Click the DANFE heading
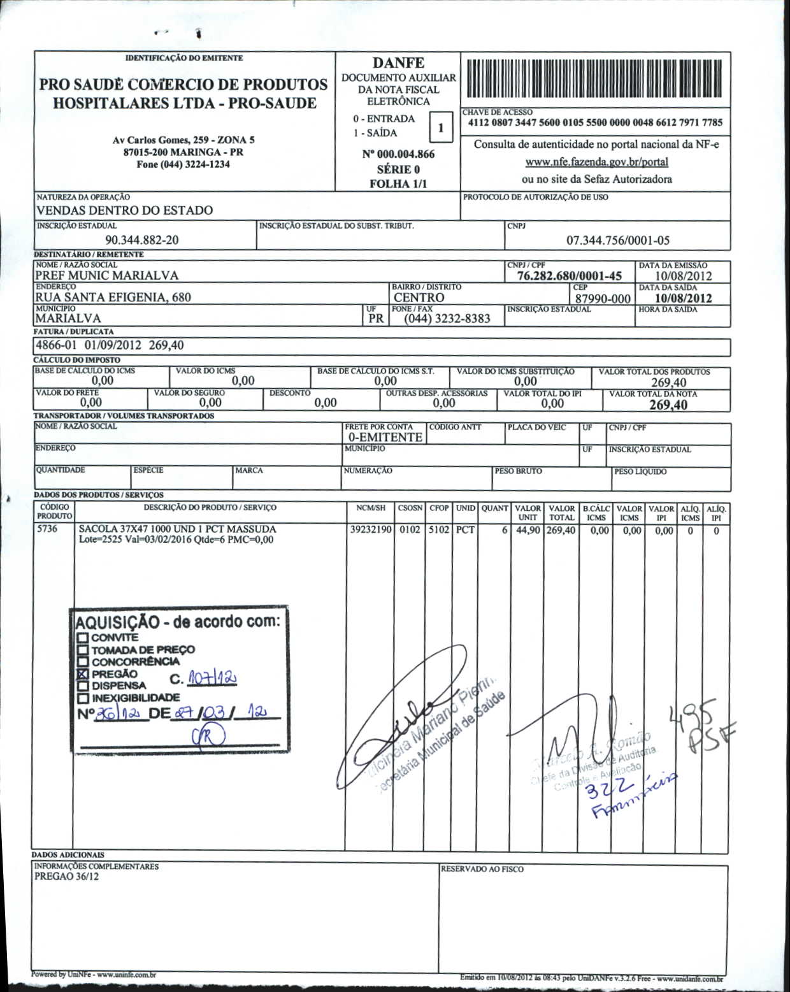pos(398,63)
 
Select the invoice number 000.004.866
pos(398,154)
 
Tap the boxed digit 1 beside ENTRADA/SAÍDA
pos(440,127)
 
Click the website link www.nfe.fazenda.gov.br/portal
pos(596,162)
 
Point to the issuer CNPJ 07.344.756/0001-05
pos(618,240)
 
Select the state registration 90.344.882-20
pos(142,240)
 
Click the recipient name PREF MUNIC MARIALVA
pos(106,276)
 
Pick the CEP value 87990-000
pos(603,299)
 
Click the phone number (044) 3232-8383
pos(447,319)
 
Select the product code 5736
pos(47,529)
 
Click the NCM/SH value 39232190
pos(371,529)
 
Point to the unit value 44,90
pos(528,530)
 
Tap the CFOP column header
pos(439,508)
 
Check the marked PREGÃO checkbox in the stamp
pos(82,674)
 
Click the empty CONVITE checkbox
pos(82,638)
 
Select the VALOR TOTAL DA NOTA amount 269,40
pos(668,405)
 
